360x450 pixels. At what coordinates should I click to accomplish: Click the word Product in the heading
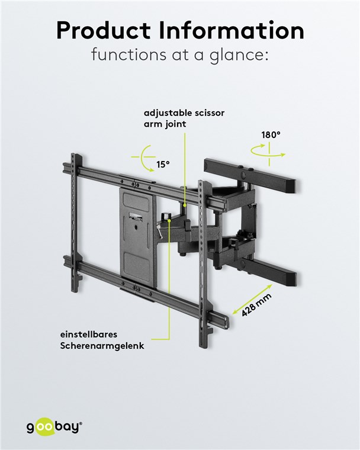click(x=104, y=30)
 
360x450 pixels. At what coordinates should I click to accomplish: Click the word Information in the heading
click(x=232, y=30)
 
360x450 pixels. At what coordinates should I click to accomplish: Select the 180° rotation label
click(x=271, y=134)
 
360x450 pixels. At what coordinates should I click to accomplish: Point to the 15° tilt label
click(x=163, y=165)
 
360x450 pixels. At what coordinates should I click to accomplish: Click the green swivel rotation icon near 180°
click(x=268, y=152)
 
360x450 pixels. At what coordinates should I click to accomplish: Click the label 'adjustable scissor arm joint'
click(x=184, y=118)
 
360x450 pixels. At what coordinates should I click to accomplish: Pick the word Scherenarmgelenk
click(x=102, y=346)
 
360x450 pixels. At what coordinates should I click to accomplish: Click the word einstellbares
click(x=89, y=335)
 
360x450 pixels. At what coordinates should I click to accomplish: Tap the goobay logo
click(x=54, y=427)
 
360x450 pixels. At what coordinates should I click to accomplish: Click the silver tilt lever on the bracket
click(x=159, y=232)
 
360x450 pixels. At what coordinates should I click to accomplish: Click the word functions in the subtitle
click(x=128, y=54)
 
